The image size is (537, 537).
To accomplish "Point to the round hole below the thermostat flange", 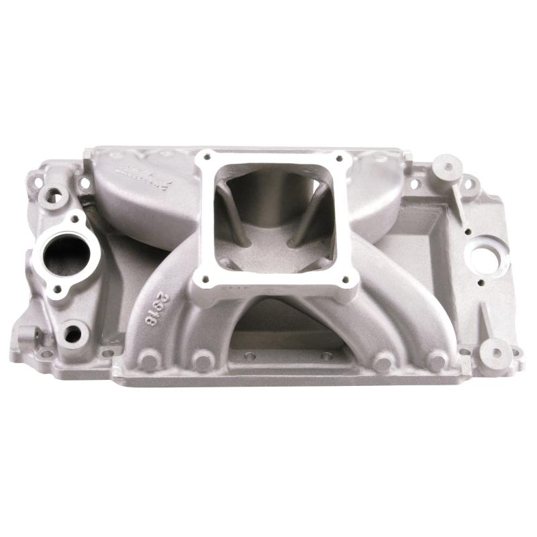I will tap(73, 332).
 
